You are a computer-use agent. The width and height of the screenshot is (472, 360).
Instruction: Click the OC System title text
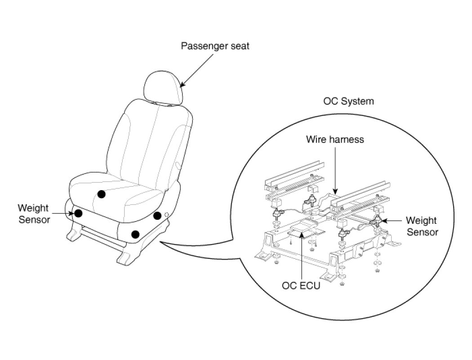click(348, 101)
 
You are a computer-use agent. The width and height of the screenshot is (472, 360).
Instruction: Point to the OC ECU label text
click(301, 285)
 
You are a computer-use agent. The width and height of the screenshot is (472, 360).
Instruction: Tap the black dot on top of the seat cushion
click(102, 194)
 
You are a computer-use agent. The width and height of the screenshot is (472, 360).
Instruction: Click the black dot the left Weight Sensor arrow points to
click(78, 213)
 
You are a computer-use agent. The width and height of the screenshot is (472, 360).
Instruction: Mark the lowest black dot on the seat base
click(135, 234)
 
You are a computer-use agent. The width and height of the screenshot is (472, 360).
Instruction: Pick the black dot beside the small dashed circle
click(157, 216)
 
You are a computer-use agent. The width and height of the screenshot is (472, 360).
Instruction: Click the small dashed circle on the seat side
click(167, 215)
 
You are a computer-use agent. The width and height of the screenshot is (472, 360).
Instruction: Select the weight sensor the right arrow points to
click(376, 221)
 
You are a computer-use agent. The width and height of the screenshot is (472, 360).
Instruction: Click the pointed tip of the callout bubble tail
click(160, 243)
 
